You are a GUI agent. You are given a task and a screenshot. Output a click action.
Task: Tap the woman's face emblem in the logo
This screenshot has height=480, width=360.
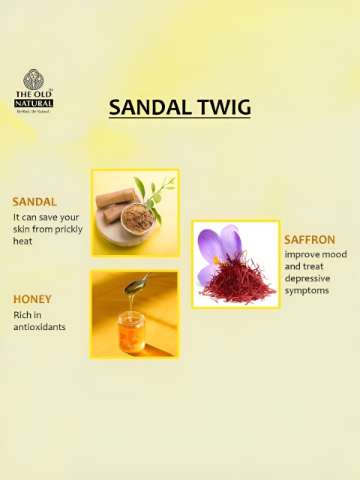click(34, 79)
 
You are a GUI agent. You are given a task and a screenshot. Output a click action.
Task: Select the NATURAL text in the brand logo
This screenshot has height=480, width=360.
click(34, 103)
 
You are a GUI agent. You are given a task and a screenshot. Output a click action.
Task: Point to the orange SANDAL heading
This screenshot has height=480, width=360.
click(34, 202)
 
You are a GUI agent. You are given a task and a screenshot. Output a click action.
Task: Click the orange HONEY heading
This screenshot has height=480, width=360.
click(32, 299)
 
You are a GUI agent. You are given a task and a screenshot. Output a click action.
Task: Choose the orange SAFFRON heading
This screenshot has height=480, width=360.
click(310, 240)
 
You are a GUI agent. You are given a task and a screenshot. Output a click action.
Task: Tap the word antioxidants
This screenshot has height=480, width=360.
click(40, 327)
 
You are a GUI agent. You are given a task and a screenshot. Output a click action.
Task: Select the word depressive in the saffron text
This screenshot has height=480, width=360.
click(303, 279)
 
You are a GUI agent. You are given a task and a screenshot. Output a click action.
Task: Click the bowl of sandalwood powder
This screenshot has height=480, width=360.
click(137, 218)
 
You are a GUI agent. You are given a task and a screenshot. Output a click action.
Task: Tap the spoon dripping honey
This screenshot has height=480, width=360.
click(137, 283)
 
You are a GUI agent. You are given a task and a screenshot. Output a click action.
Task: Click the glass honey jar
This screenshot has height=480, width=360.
click(132, 331)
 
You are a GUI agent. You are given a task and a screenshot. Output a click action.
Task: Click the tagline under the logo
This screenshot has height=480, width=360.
click(33, 112)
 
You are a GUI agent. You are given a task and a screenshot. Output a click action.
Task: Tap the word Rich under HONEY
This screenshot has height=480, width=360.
click(22, 315)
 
